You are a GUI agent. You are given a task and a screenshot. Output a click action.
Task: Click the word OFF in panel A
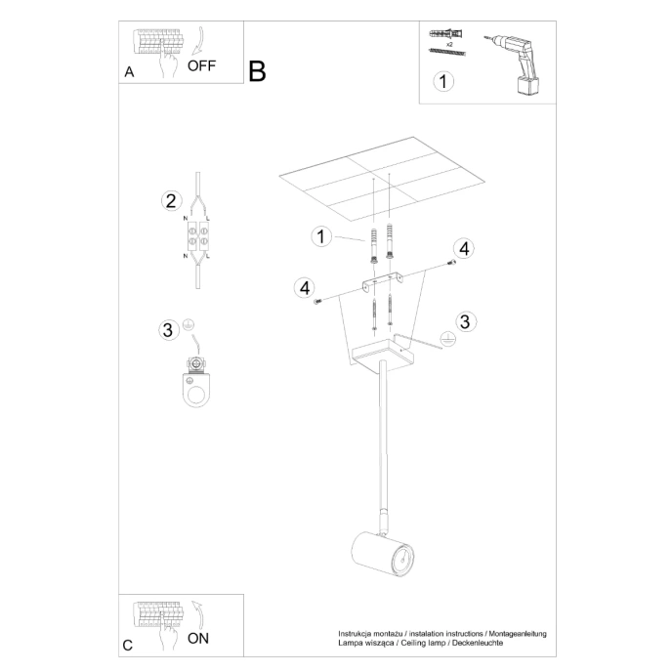pyautogui.click(x=201, y=66)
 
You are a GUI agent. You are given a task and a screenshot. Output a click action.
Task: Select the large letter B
pyautogui.click(x=257, y=71)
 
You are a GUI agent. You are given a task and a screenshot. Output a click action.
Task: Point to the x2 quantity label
pyautogui.click(x=449, y=46)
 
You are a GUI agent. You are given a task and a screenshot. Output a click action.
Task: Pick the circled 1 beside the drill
pyautogui.click(x=443, y=82)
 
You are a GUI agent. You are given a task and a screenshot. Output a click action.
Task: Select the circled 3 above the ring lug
pyautogui.click(x=168, y=329)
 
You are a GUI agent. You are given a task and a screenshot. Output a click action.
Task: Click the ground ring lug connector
pyautogui.click(x=198, y=383)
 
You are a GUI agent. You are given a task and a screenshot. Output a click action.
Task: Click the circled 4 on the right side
pyautogui.click(x=464, y=249)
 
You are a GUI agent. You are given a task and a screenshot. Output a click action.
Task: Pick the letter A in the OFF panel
pyautogui.click(x=130, y=72)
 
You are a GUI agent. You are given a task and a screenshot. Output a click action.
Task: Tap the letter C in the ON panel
pyautogui.click(x=129, y=646)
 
